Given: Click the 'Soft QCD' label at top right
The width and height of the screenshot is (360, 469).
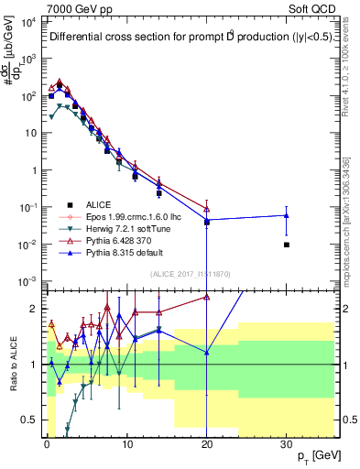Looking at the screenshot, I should point(311,7).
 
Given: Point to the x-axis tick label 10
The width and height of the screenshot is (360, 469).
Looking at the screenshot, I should point(126,443).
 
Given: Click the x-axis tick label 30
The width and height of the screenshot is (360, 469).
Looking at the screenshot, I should point(287,443).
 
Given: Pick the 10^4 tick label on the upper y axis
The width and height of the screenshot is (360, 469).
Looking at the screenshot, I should point(27,20).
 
